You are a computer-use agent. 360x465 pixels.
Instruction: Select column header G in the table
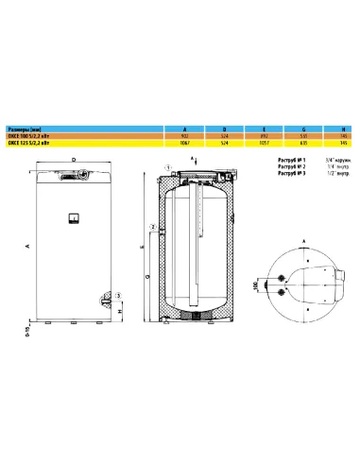[303, 130]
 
